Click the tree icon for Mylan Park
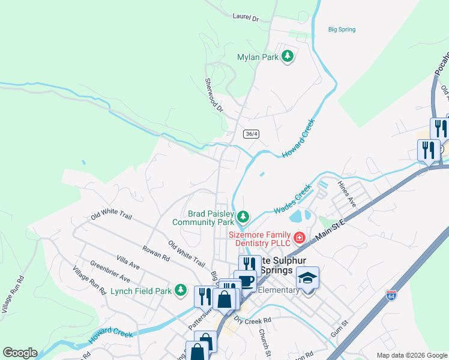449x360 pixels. [x=288, y=56]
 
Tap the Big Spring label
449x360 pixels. [x=342, y=29]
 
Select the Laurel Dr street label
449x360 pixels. [x=245, y=19]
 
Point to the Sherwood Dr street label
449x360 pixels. [x=213, y=95]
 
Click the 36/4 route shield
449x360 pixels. [x=252, y=134]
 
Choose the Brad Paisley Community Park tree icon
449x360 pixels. [x=243, y=216]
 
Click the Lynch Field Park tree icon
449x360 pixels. [x=180, y=290]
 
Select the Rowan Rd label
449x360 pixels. [x=156, y=252]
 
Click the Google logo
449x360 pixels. [x=20, y=353]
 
